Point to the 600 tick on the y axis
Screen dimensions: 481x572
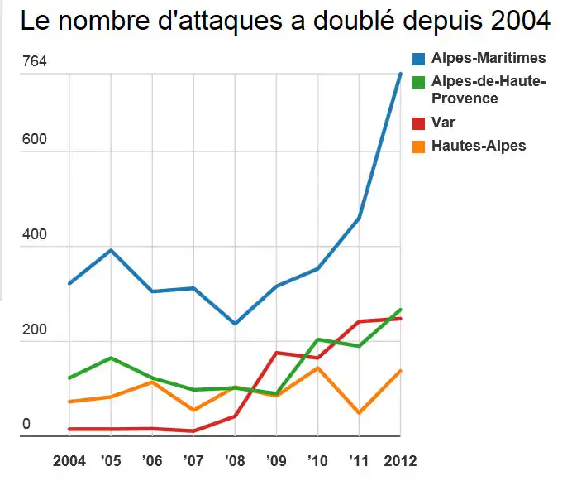[x=34, y=140]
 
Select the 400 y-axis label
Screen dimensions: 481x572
[x=34, y=234]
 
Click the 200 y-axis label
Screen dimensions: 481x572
[x=34, y=329]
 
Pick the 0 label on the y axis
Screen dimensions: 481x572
[x=26, y=424]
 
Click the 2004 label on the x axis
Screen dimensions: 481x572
[x=69, y=460]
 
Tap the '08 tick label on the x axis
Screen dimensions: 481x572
[x=234, y=460]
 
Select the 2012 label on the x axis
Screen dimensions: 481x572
[x=400, y=460]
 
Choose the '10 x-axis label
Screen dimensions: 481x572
[x=317, y=460]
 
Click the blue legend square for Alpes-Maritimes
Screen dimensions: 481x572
[x=420, y=59]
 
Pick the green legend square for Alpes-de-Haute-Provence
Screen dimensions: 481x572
[x=420, y=82]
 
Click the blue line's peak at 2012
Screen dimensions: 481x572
[x=400, y=74]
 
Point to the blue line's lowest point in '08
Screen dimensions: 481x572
[x=235, y=324]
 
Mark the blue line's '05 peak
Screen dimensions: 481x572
[x=111, y=250]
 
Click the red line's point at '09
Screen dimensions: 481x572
[x=276, y=353]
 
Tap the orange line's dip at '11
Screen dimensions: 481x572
[x=359, y=412]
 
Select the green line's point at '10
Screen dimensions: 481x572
[x=317, y=339]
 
